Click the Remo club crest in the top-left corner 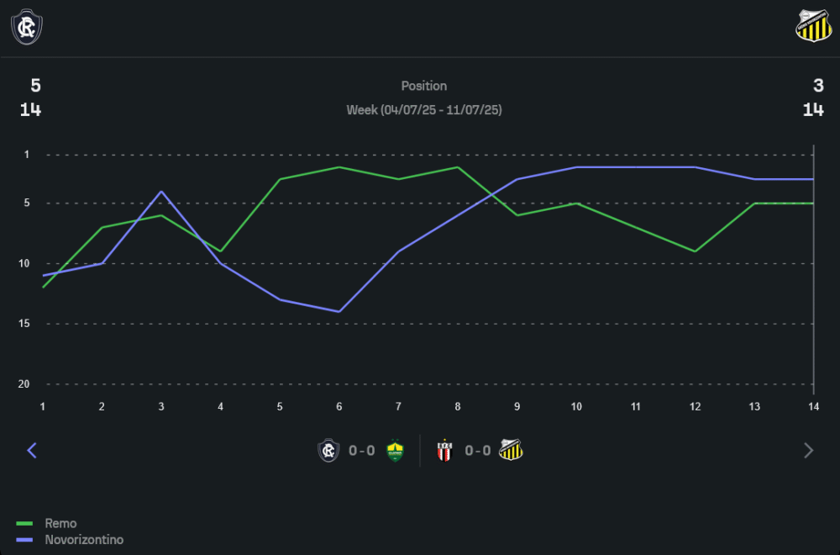[x=27, y=27]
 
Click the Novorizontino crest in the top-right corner [x=812, y=26]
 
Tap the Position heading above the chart [x=424, y=86]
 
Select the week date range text [x=424, y=110]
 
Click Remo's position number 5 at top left [x=35, y=85]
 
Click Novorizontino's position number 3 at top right [x=818, y=85]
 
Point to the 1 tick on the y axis [x=26, y=155]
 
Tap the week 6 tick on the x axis [x=339, y=406]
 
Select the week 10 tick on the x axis [x=576, y=406]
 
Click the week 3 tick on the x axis [x=161, y=406]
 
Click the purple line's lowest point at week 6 [x=339, y=312]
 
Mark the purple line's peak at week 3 [x=161, y=192]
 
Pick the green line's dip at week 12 [x=696, y=251]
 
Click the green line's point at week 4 [x=221, y=251]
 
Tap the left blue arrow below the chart [x=32, y=451]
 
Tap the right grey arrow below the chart [x=809, y=451]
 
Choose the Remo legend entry [x=60, y=523]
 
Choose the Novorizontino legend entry [x=83, y=540]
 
